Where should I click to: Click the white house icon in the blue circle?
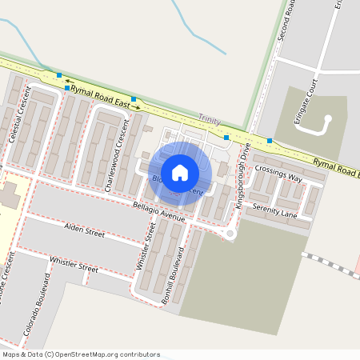pos(180,172)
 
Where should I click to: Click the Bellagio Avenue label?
pos(160,211)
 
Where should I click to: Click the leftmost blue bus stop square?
pos(59,75)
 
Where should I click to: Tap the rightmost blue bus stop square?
pos(270,141)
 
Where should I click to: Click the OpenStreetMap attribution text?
pos(81,354)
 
